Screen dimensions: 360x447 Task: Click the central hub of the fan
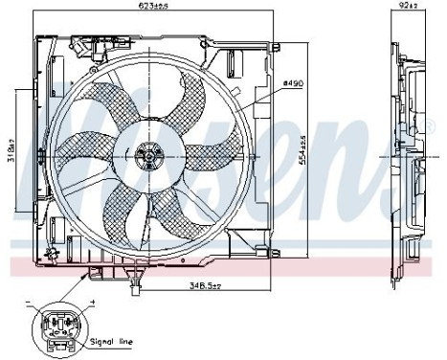[147, 154]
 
